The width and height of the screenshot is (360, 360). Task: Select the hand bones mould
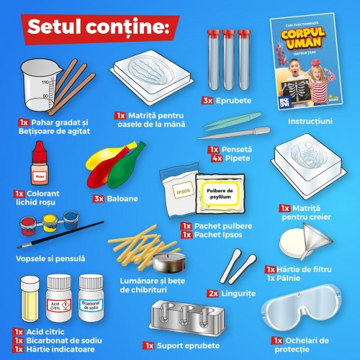(165, 78)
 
